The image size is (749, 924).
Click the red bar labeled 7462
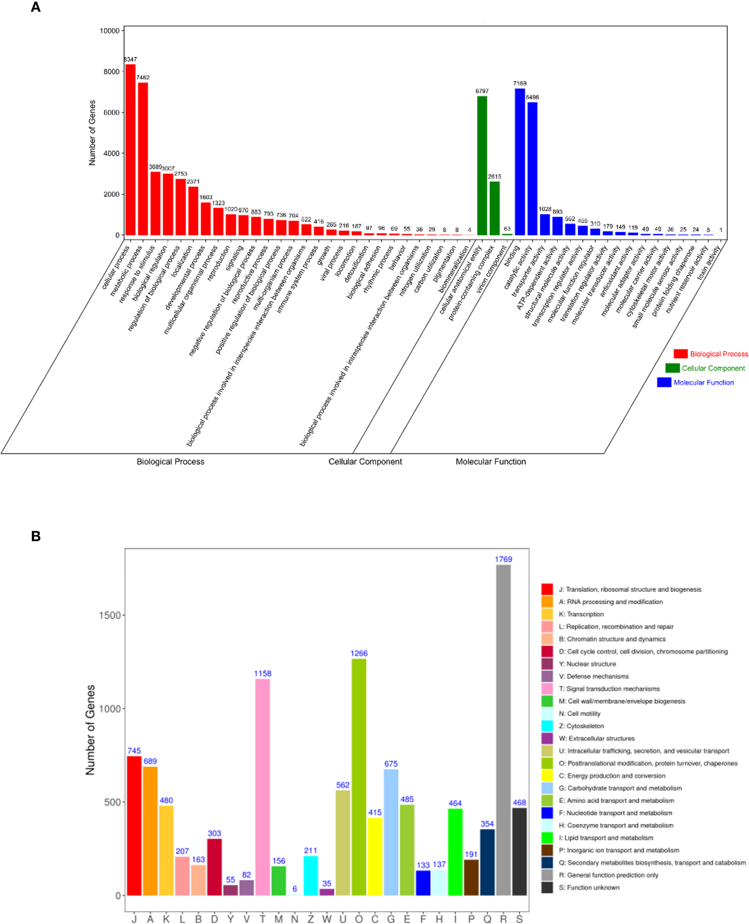tap(143, 159)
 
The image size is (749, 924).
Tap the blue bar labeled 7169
tap(520, 162)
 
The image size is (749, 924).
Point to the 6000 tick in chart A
tap(111, 113)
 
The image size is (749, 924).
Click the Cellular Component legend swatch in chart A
tap(672, 368)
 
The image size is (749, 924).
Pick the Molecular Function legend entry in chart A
tap(703, 383)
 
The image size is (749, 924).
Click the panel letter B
tap(36, 536)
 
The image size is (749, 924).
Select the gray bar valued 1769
tap(503, 730)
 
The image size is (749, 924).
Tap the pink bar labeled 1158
tap(262, 787)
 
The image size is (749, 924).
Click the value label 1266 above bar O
tap(358, 653)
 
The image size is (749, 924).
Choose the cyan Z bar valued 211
tap(311, 876)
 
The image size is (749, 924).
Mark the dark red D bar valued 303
tap(214, 867)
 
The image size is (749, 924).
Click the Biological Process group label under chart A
tap(170, 462)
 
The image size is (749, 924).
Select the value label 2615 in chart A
tap(494, 177)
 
